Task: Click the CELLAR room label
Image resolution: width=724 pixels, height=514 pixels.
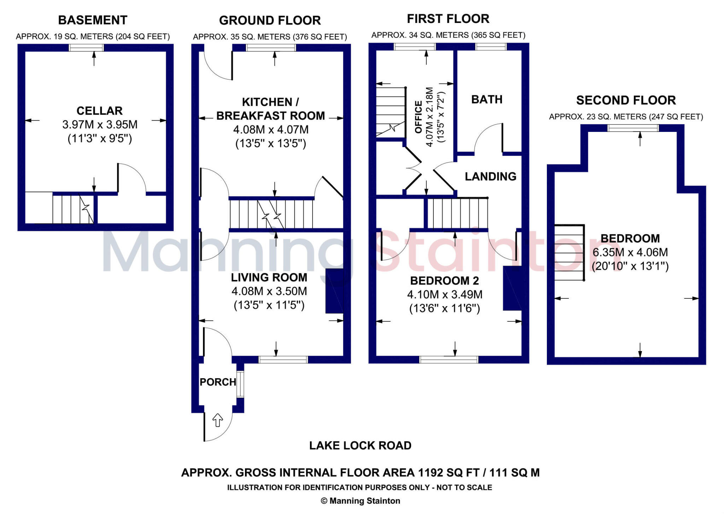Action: click(x=99, y=111)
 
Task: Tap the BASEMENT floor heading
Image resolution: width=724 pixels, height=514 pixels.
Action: click(x=93, y=20)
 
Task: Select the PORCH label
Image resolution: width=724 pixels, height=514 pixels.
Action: click(x=218, y=382)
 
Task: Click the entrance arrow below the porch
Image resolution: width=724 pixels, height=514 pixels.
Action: click(x=217, y=420)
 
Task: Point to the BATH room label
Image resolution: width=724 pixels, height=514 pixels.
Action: click(x=487, y=99)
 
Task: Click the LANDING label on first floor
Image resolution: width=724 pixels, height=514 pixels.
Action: click(x=490, y=176)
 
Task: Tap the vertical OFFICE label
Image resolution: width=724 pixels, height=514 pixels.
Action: click(x=419, y=117)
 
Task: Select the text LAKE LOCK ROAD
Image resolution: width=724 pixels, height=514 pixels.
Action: click(x=360, y=445)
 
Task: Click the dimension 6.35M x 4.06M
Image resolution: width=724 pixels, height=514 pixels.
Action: click(x=630, y=252)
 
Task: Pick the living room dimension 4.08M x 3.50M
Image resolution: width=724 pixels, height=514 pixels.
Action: click(x=269, y=291)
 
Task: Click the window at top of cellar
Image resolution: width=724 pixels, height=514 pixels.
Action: click(x=86, y=47)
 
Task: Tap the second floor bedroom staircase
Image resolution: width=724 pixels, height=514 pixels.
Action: click(x=568, y=252)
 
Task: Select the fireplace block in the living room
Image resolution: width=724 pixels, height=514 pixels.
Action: click(x=334, y=291)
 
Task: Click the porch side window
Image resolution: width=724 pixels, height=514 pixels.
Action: click(x=240, y=384)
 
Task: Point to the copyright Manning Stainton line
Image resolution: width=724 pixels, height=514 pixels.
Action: click(x=360, y=501)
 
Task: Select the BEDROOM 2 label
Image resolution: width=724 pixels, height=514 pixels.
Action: click(x=444, y=281)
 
